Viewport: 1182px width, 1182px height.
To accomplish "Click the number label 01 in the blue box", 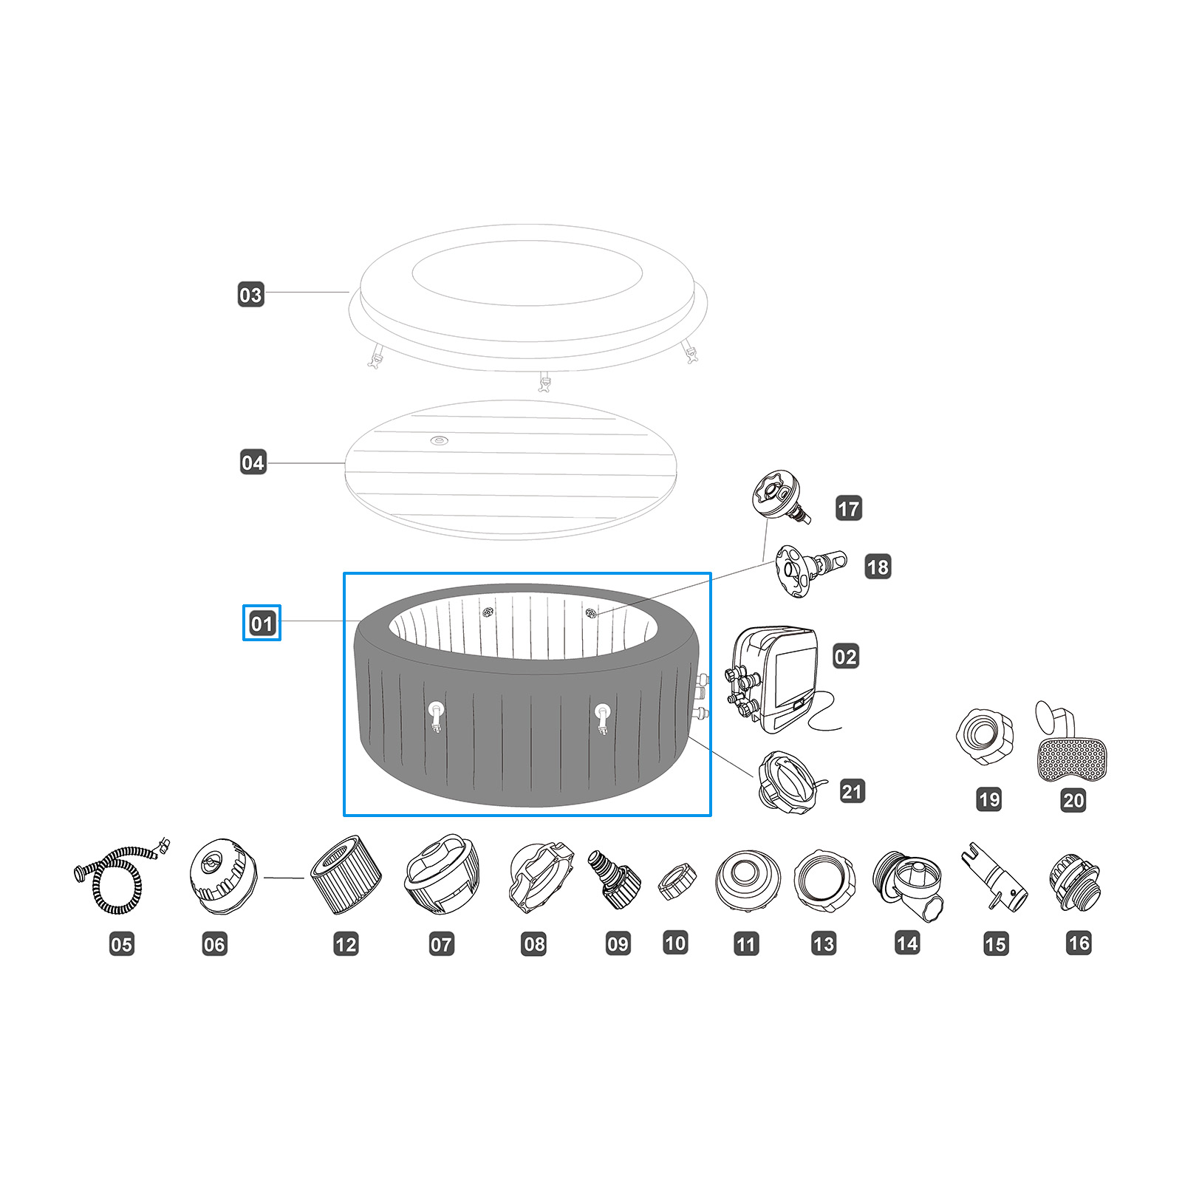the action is coord(262,624).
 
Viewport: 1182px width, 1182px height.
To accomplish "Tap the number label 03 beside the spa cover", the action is coord(250,295).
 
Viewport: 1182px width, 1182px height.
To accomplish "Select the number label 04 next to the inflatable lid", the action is coord(253,462).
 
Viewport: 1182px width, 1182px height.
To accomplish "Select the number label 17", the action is coord(849,508).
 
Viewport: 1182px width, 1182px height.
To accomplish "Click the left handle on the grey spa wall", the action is coord(437,715).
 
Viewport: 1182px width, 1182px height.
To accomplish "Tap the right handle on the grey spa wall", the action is coord(603,717).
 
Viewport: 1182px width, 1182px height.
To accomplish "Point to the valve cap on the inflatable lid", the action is coord(439,441).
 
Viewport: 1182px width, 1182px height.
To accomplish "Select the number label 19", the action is coord(988,799).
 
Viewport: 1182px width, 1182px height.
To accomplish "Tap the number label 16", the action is coord(1079,943).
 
